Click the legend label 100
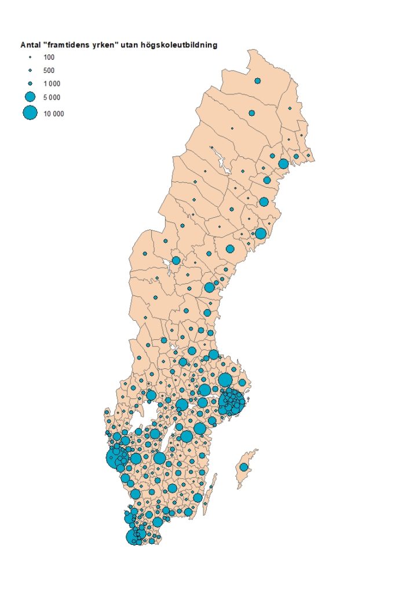[x=49, y=57]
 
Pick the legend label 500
[x=49, y=71]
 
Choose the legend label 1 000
[x=52, y=84]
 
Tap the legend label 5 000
[x=52, y=97]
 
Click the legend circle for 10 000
[x=30, y=113]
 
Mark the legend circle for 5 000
[x=30, y=97]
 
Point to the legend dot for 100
[x=30, y=57]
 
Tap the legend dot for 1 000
[x=30, y=83]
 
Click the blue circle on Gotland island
[x=244, y=467]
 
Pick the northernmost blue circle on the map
[x=257, y=80]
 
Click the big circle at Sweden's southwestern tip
[x=134, y=537]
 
